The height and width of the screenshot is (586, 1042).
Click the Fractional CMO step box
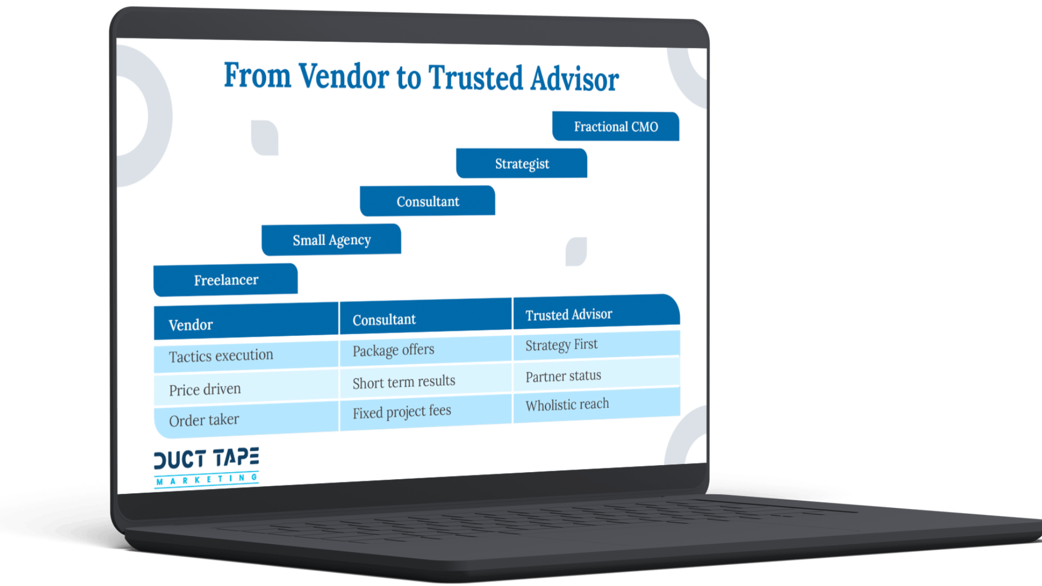pyautogui.click(x=615, y=126)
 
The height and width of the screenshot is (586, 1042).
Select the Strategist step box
pyautogui.click(x=522, y=163)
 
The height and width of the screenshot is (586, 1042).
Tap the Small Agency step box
pyautogui.click(x=331, y=240)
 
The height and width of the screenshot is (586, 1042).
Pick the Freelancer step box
pyautogui.click(x=225, y=280)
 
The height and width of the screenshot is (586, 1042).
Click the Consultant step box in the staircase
pyautogui.click(x=427, y=201)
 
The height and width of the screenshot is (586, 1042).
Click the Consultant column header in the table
pyautogui.click(x=425, y=317)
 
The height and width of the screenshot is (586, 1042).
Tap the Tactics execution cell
pyautogui.click(x=246, y=356)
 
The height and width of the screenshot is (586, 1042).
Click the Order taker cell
pyautogui.click(x=246, y=419)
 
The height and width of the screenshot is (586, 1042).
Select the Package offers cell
pyautogui.click(x=425, y=350)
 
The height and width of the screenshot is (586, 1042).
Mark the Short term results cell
pyautogui.click(x=425, y=381)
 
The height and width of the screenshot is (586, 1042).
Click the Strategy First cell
pyautogui.click(x=596, y=345)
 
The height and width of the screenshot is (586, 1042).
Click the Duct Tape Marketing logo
pyautogui.click(x=206, y=467)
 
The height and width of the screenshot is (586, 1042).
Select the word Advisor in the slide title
pyautogui.click(x=575, y=79)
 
